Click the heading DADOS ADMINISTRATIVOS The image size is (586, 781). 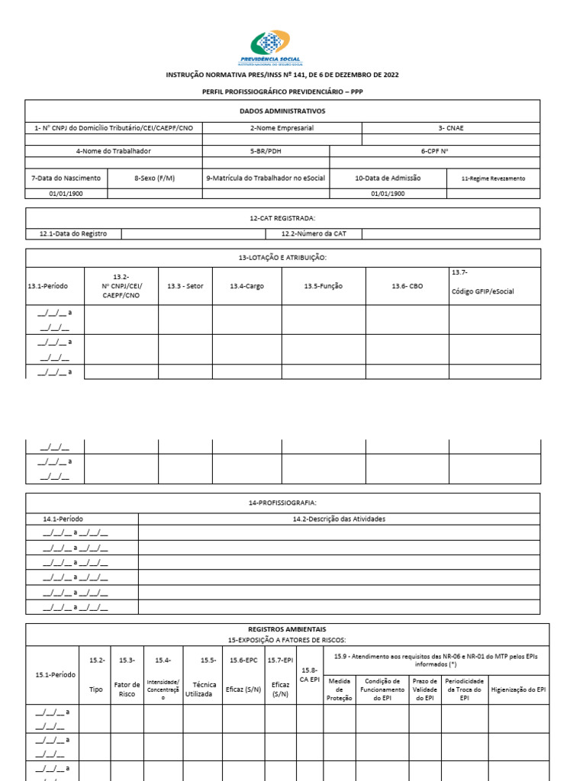(282, 111)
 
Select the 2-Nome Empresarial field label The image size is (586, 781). (282, 128)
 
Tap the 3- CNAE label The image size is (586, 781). (450, 128)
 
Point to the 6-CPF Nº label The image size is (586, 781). (434, 151)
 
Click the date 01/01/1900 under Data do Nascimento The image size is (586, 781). (66, 193)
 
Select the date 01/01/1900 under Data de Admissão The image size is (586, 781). (388, 193)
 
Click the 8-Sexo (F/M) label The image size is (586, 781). (154, 178)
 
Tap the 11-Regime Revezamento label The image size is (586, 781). (493, 178)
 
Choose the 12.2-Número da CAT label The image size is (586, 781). (313, 233)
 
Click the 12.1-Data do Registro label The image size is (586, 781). (72, 233)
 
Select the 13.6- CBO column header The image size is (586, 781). (407, 286)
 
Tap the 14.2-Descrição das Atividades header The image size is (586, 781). (339, 519)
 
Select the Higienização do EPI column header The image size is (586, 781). (518, 689)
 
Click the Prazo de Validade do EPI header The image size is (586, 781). (425, 689)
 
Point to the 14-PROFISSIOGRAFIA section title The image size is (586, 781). (282, 503)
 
